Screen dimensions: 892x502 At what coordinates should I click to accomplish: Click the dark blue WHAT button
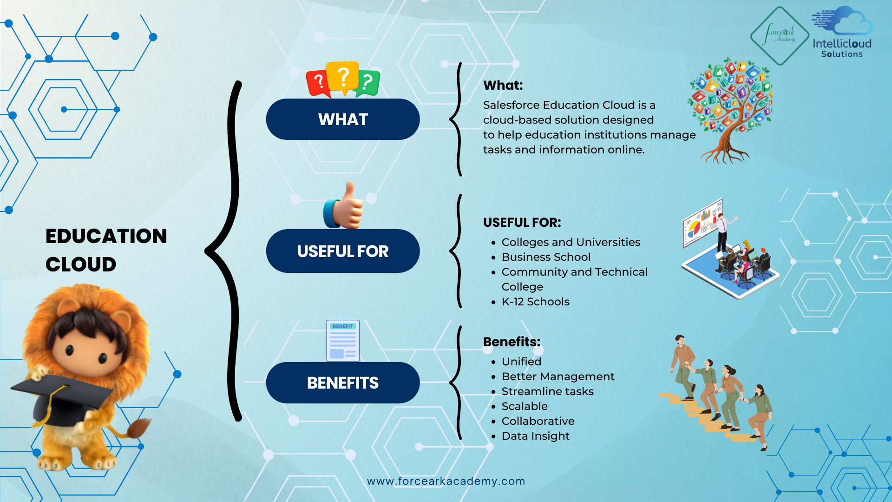(x=343, y=119)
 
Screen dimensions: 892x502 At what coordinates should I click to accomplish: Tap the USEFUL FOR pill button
(x=343, y=251)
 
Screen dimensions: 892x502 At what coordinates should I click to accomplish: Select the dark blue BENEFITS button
(x=343, y=383)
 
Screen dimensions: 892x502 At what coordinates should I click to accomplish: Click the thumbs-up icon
(x=343, y=205)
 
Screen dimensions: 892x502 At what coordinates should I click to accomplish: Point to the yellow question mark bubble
(x=343, y=77)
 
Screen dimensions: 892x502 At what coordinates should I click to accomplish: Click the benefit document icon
(x=343, y=341)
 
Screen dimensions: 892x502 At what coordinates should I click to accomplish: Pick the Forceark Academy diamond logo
(x=780, y=36)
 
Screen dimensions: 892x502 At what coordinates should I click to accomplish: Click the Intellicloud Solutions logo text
(x=842, y=48)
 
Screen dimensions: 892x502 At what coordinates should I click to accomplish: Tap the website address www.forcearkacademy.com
(x=446, y=481)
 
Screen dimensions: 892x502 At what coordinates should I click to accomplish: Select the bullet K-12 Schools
(x=536, y=302)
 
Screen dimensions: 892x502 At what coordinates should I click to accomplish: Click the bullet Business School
(x=546, y=257)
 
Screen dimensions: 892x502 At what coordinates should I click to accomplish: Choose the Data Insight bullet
(x=536, y=436)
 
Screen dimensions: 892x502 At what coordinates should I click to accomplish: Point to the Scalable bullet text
(x=525, y=406)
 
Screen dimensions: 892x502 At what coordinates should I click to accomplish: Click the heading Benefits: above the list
(x=512, y=342)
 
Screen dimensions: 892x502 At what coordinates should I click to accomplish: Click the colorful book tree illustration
(x=730, y=110)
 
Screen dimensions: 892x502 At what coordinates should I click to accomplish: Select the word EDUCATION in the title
(x=106, y=236)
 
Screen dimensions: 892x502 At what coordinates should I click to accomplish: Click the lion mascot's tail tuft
(x=139, y=428)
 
